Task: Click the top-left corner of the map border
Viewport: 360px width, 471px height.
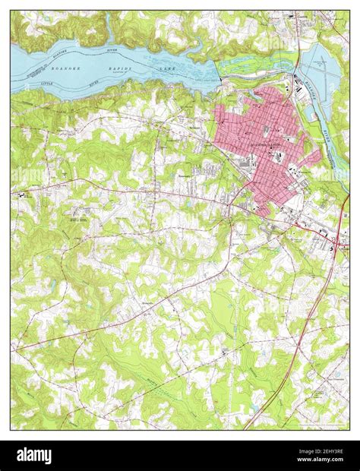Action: click(x=11, y=11)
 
